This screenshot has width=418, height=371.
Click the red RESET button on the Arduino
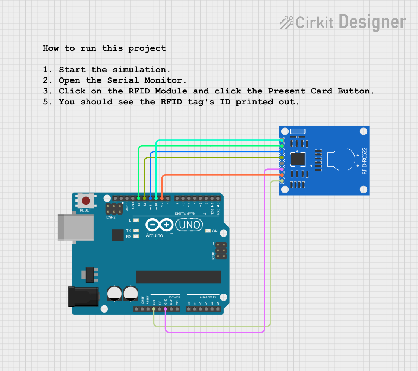[x=86, y=201]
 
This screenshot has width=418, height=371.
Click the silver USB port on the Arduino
[x=76, y=227]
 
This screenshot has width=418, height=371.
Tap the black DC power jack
[x=83, y=297]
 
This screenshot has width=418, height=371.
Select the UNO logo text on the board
[x=189, y=225]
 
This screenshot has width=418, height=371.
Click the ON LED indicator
[x=208, y=231]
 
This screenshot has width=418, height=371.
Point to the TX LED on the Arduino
[x=136, y=231]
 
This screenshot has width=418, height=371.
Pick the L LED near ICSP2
[x=136, y=221]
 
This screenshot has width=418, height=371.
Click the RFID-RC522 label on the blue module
[x=364, y=161]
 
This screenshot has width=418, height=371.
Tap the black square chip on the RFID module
[x=298, y=159]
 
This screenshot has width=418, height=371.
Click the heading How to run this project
[x=104, y=48]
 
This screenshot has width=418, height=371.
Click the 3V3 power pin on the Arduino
[x=154, y=309]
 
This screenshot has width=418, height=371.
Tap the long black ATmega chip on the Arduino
[x=178, y=277]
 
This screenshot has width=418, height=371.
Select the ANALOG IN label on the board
[x=207, y=297]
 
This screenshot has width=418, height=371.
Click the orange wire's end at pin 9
[x=162, y=198]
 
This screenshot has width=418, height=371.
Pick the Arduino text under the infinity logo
[x=154, y=235]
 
